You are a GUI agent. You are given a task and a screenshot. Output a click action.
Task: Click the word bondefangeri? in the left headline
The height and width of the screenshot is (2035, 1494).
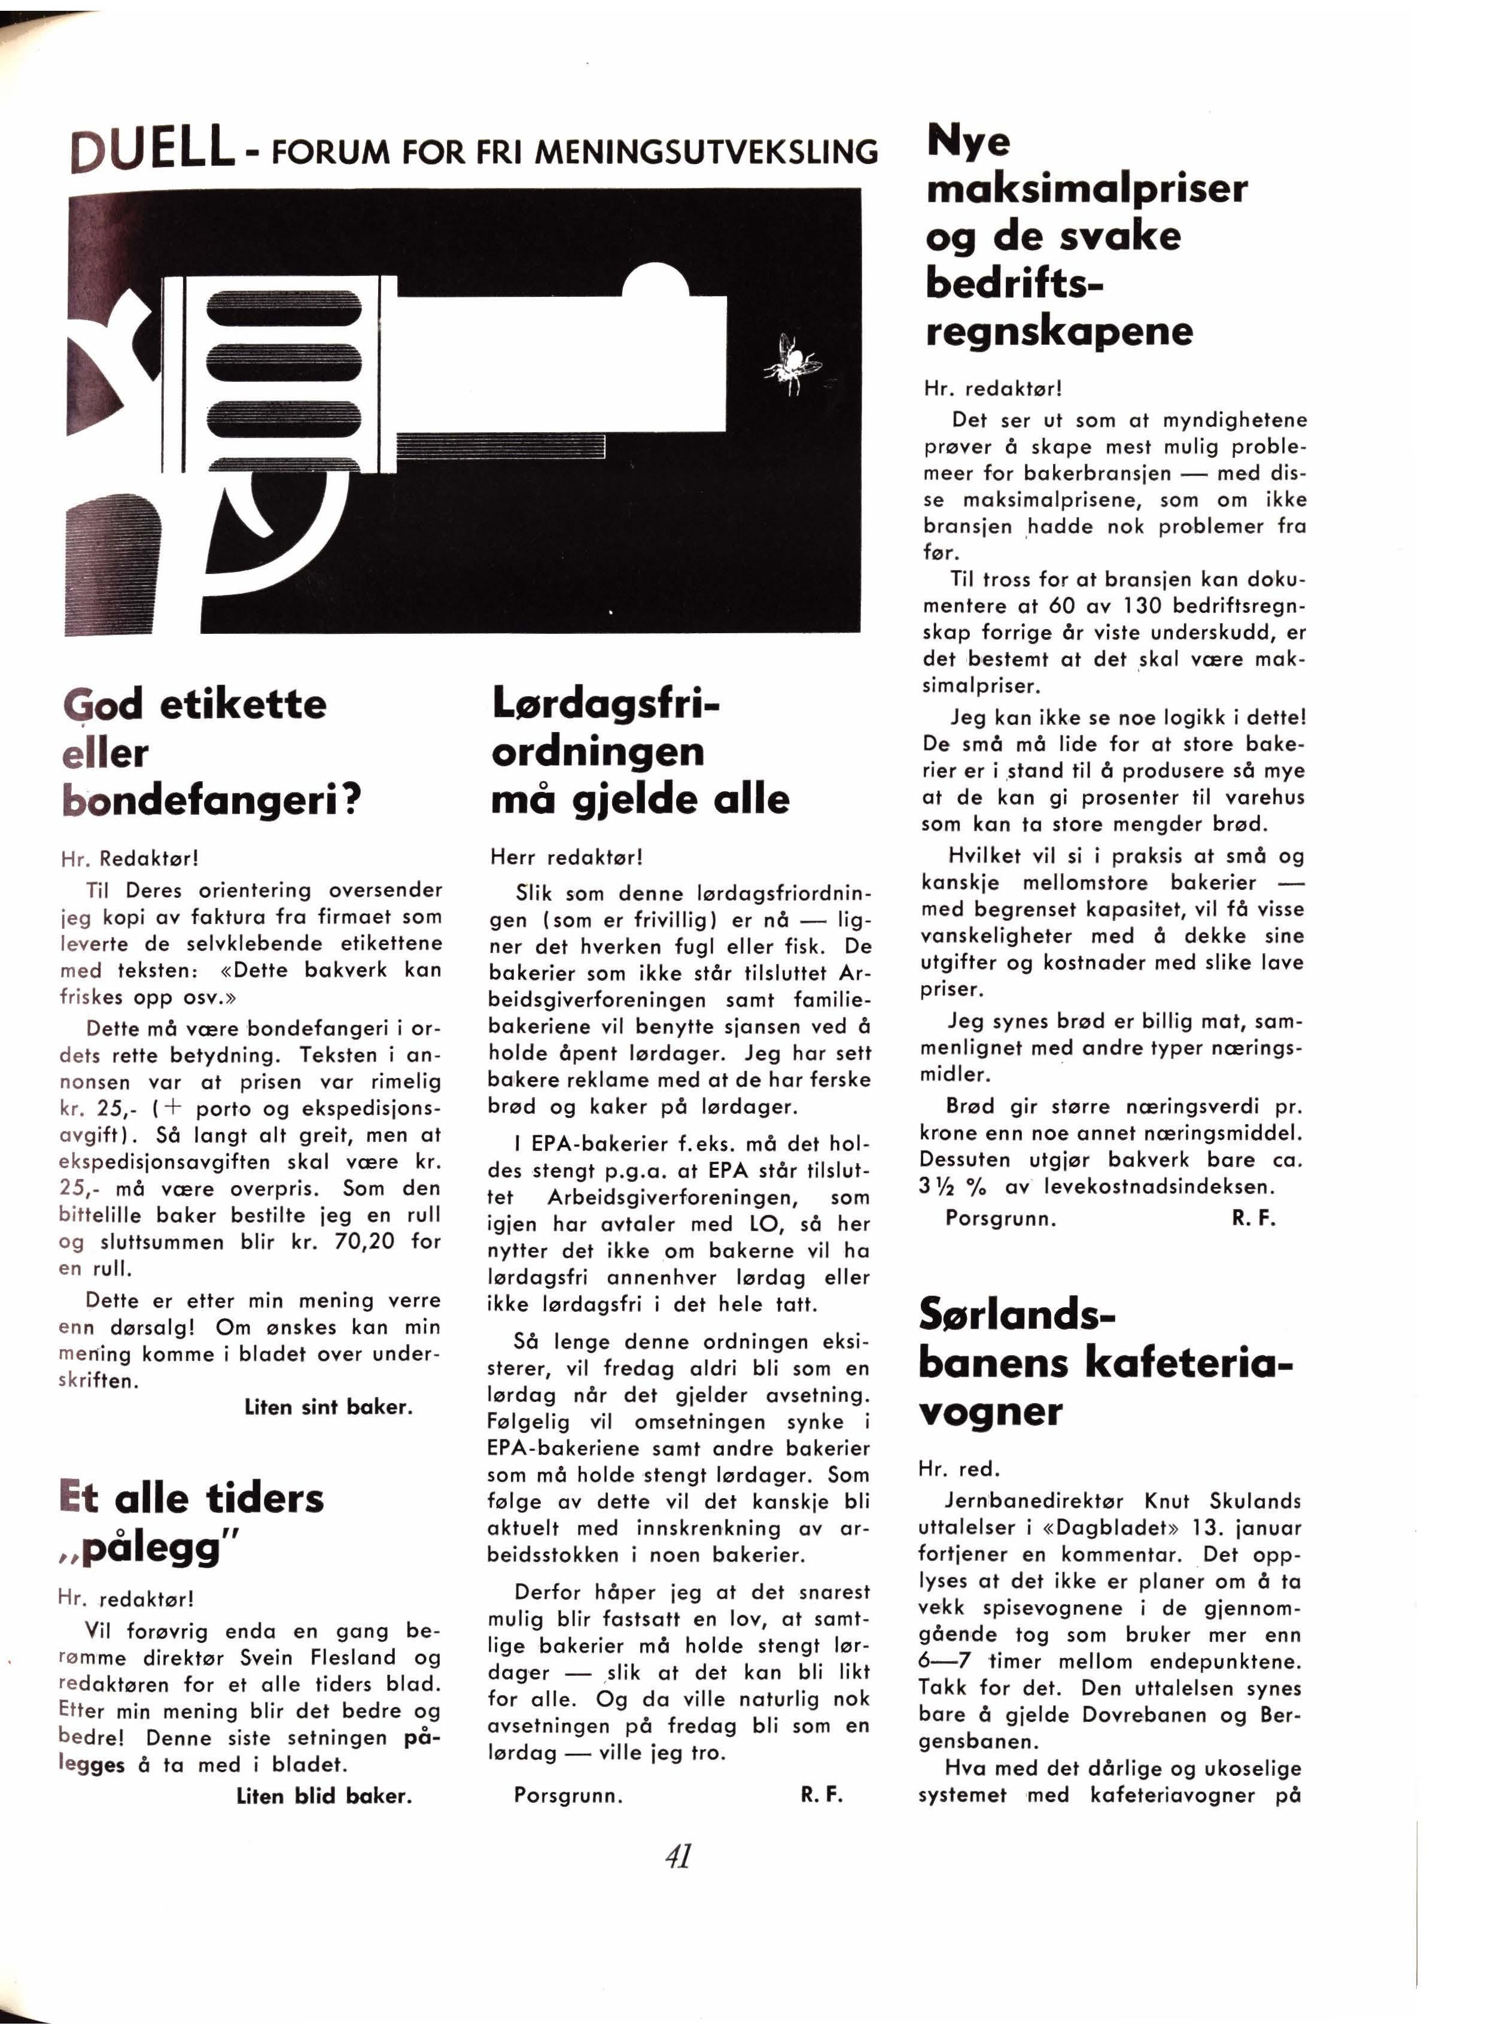pyautogui.click(x=212, y=800)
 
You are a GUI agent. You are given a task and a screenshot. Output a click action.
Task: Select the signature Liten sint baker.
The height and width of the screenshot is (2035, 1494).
pyautogui.click(x=328, y=1407)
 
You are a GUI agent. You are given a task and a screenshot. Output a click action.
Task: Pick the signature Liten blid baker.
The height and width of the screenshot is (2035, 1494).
pyautogui.click(x=324, y=1796)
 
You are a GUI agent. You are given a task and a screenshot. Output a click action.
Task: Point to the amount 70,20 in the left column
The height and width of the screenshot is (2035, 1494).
pyautogui.click(x=364, y=1240)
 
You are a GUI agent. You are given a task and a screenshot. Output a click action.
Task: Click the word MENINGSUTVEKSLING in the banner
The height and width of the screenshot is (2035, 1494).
pyautogui.click(x=706, y=151)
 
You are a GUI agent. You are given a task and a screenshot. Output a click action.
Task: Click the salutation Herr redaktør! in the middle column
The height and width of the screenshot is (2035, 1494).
pyautogui.click(x=565, y=856)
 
